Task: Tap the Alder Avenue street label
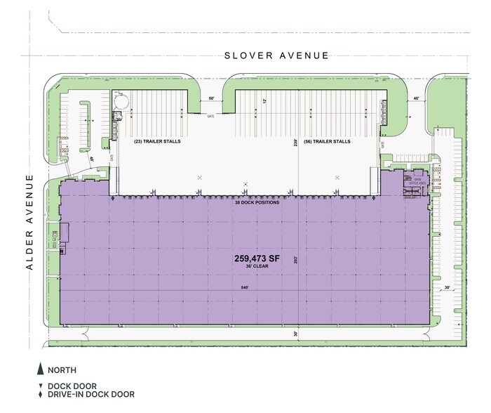tap(30, 223)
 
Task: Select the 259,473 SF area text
tap(257, 259)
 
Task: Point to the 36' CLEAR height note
tap(257, 268)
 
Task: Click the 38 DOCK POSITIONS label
tap(257, 203)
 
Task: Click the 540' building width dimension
tap(244, 287)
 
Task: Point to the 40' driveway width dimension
tap(416, 99)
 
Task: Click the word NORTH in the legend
tap(62, 369)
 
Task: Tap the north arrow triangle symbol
tap(39, 369)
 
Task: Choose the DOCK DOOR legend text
tap(72, 386)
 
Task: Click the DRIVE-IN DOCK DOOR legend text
tap(90, 395)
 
